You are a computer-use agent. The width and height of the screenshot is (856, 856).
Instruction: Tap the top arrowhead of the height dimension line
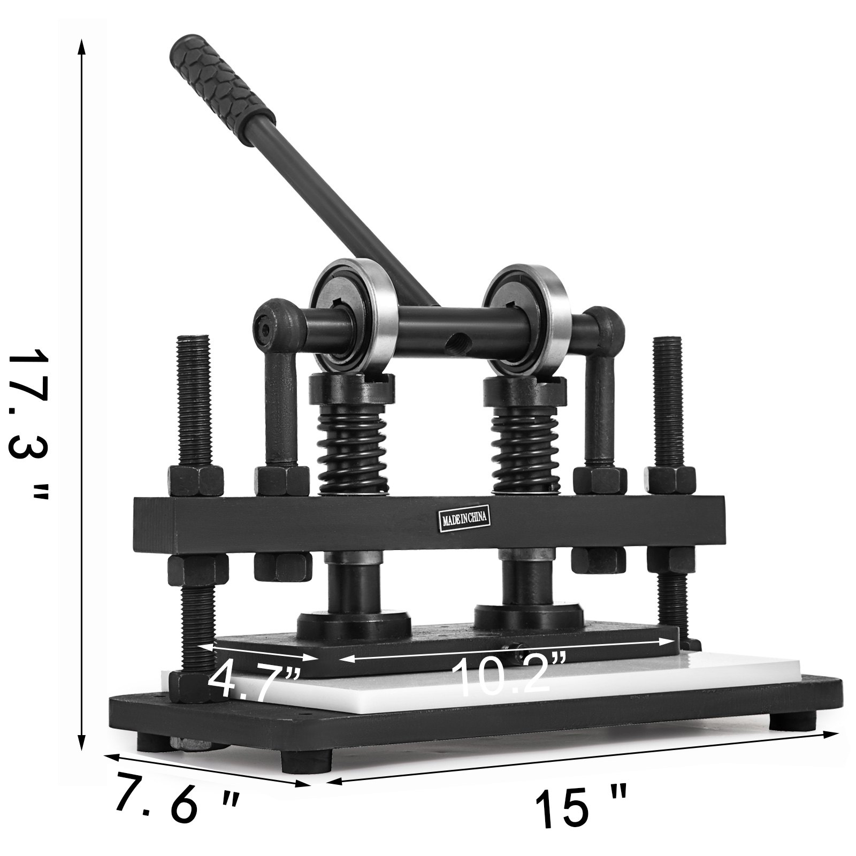click(x=81, y=45)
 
